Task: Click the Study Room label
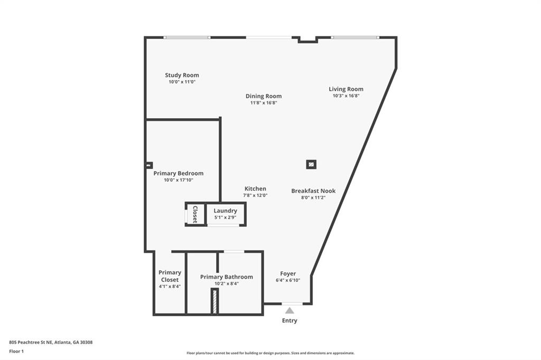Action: pos(182,75)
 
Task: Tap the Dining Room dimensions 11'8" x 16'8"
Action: pos(264,103)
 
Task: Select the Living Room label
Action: pos(346,89)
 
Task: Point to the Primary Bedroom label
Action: pos(179,174)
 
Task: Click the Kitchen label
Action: pos(255,188)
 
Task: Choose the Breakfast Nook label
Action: pos(313,191)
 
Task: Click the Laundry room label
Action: pos(225,211)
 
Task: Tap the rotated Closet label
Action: pos(195,214)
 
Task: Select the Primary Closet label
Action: pos(170,276)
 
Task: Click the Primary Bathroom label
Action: pos(226,277)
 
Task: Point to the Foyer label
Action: pos(288,273)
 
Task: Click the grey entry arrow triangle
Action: pos(290,310)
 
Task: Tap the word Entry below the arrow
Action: pos(290,321)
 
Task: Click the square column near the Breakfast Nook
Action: pos(311,165)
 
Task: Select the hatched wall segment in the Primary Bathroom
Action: pos(214,301)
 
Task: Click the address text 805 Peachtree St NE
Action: pos(31,343)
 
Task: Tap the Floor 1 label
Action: pos(16,352)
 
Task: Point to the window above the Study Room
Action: pos(186,37)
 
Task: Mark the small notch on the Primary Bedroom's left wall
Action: pos(148,166)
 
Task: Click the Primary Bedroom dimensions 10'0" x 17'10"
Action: pos(179,180)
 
